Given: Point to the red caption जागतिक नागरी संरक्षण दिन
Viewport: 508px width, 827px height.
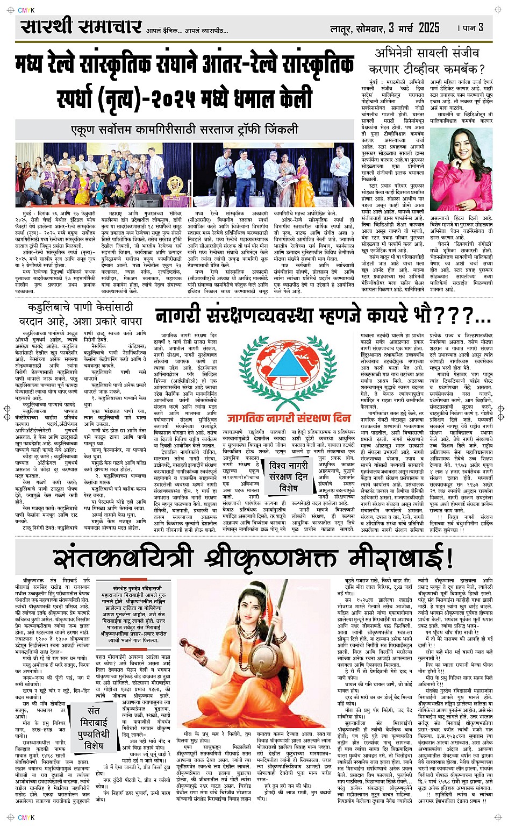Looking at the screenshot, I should tap(289, 418).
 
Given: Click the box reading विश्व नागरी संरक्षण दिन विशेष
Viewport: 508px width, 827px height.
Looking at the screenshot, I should tap(289, 476).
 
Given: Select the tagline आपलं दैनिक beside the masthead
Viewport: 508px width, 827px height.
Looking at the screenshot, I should tap(163, 31).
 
